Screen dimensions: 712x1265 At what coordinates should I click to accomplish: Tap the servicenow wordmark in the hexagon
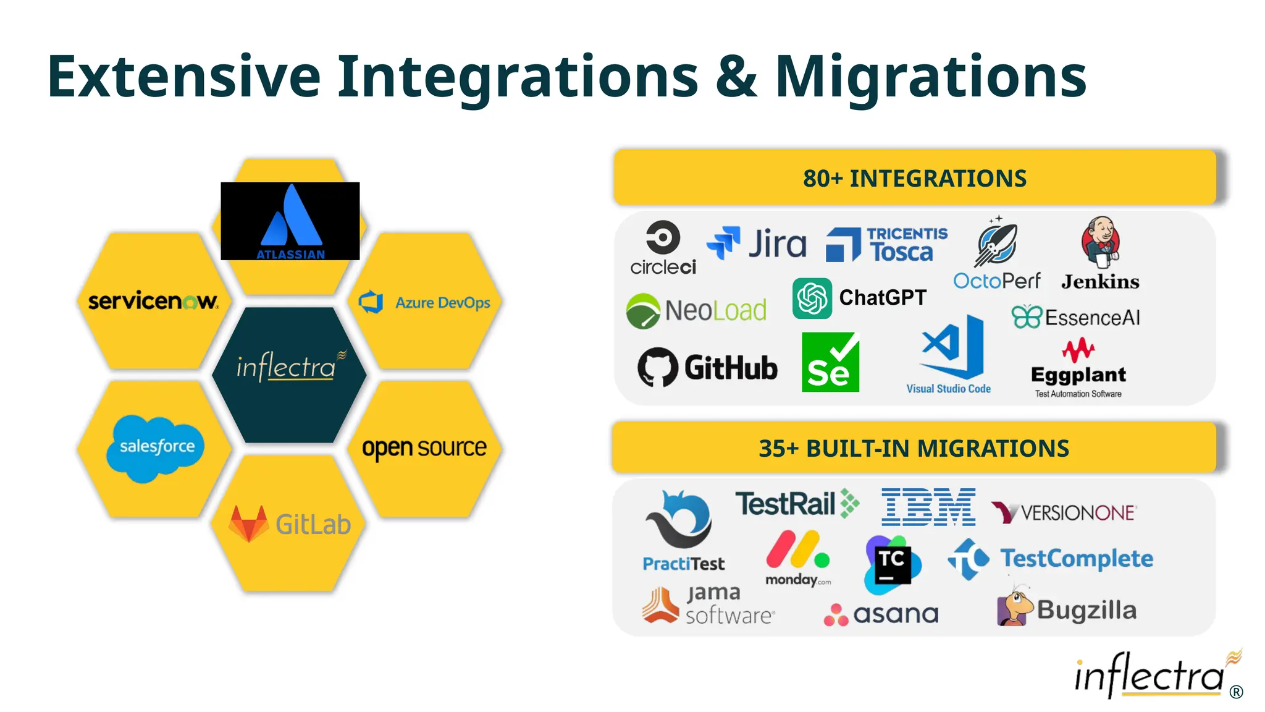click(153, 301)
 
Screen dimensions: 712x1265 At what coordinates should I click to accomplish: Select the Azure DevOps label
click(442, 303)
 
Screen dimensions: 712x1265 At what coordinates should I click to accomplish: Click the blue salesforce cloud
click(156, 447)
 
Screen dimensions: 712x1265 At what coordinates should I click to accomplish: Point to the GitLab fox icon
click(248, 524)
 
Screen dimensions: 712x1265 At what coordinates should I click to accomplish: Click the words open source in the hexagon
click(424, 447)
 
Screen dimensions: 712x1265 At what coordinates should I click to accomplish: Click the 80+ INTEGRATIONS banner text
click(914, 178)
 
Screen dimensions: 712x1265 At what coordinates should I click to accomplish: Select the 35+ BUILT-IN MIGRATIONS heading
click(914, 448)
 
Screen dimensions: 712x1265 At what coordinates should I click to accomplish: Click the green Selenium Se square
click(830, 363)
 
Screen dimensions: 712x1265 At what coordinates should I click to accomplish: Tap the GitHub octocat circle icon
click(657, 367)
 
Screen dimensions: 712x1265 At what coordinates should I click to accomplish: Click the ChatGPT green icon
click(812, 298)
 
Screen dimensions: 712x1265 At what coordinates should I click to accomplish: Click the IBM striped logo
click(928, 507)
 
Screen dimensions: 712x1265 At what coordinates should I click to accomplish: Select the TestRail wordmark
click(786, 504)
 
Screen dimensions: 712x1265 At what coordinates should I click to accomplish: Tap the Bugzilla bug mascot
click(1014, 607)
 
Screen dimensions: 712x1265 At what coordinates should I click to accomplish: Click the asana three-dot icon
click(836, 615)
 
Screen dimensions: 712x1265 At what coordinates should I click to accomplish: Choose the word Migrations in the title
click(930, 77)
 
